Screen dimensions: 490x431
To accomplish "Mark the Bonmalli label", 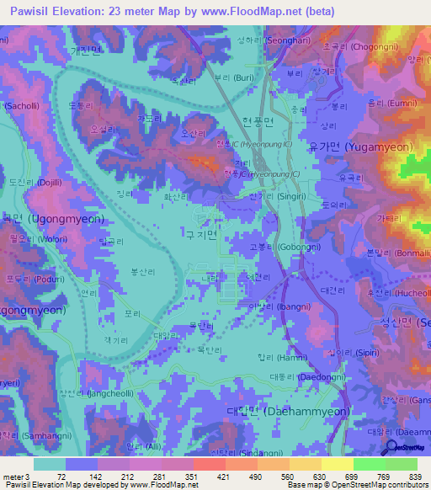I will (394, 252).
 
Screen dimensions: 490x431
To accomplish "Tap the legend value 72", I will (60, 476).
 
